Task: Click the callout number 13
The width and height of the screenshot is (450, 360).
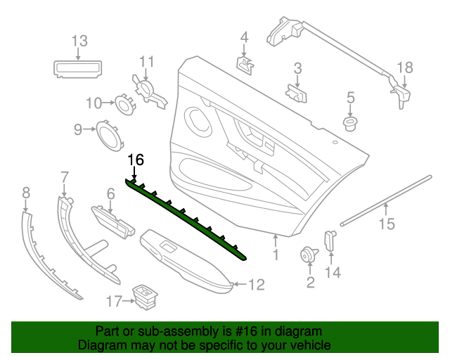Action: (x=79, y=41)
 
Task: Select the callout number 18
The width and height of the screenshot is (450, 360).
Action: (x=406, y=68)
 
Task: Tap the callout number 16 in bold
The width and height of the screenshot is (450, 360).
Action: (x=135, y=160)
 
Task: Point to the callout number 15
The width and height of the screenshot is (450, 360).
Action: (x=387, y=224)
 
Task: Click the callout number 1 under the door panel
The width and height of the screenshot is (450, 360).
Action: (x=276, y=255)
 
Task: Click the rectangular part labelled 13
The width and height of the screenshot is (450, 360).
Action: (x=78, y=67)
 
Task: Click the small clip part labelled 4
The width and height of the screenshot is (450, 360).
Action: (x=244, y=65)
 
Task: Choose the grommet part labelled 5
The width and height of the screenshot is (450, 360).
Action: (x=349, y=124)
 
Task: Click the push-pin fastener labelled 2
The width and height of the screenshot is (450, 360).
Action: (x=308, y=255)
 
